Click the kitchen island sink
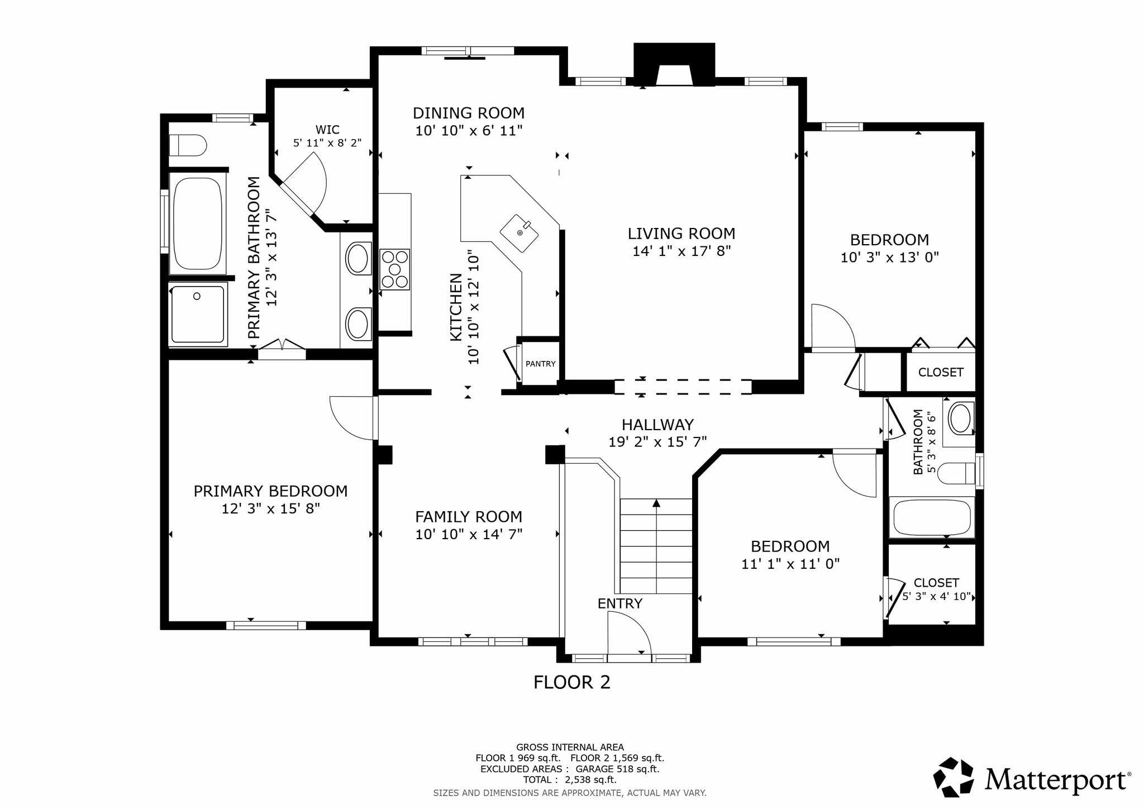519,233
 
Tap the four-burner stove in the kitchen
394,269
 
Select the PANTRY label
540,364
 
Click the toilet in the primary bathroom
188,145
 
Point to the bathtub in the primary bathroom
197,223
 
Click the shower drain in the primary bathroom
197,296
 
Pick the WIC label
327,130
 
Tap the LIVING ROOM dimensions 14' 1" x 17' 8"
681,251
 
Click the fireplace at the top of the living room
674,65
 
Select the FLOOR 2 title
572,682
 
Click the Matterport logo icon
954,777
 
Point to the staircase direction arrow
656,503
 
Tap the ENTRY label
620,603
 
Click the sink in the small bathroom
960,418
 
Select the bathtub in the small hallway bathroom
932,518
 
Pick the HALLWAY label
657,425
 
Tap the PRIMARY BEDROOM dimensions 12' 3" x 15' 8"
271,509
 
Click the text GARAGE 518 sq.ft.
617,769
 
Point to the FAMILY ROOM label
469,517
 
